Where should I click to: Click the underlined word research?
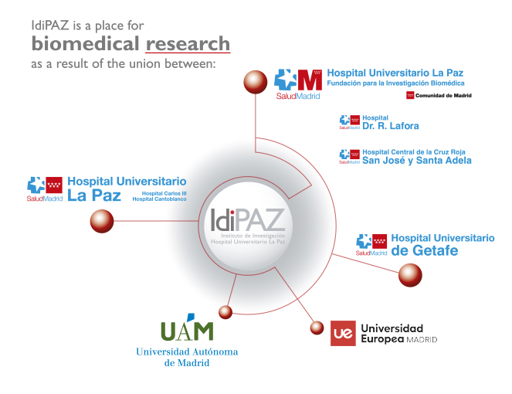click(188, 44)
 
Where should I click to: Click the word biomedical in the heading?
click(86, 43)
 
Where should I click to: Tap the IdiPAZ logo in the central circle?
click(248, 226)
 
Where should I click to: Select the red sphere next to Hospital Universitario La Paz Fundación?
click(256, 82)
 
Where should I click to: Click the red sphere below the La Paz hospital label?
click(102, 221)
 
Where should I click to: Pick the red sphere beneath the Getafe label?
click(410, 275)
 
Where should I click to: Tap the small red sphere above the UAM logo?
click(225, 312)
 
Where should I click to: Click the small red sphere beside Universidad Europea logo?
click(317, 328)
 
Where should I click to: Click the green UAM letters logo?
click(187, 328)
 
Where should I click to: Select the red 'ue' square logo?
click(343, 333)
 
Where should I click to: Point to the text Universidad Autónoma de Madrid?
click(187, 357)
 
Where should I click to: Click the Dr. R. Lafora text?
click(391, 126)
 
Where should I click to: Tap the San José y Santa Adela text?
click(417, 161)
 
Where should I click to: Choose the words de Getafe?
click(425, 250)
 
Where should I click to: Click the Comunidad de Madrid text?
click(443, 95)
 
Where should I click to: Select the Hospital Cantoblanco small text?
click(159, 199)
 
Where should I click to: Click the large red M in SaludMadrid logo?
click(310, 80)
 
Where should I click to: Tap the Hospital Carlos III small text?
click(164, 193)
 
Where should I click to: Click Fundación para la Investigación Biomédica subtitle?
click(395, 83)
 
